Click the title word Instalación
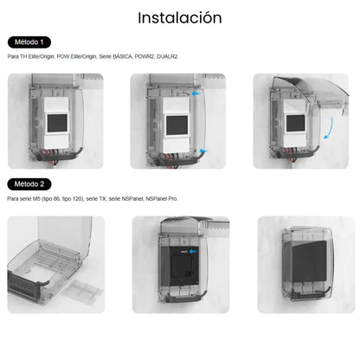(179, 17)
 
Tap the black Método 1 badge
(30, 42)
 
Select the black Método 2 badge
(30, 184)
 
